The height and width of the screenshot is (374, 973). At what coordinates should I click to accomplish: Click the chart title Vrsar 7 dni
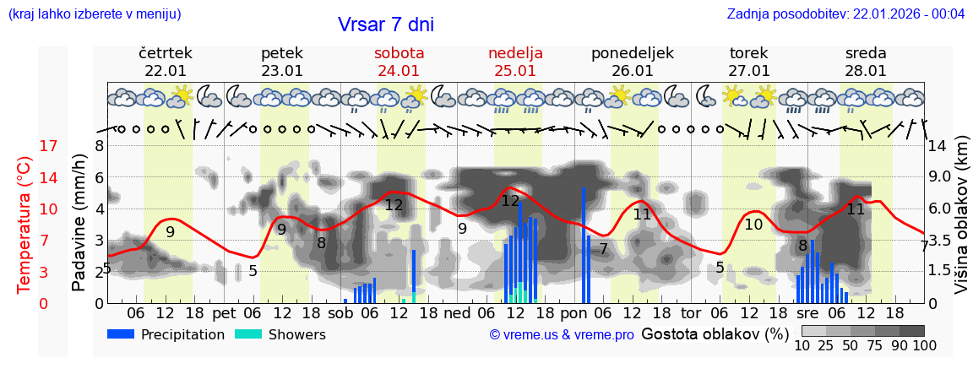click(385, 24)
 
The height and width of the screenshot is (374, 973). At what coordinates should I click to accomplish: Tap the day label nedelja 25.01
click(515, 62)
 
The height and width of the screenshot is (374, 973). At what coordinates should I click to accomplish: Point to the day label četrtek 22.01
click(166, 62)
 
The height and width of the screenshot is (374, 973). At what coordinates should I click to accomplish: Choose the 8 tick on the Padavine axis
click(99, 146)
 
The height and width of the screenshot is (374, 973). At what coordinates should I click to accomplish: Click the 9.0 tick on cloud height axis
click(941, 178)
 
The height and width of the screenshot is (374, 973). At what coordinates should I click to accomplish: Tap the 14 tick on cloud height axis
click(939, 146)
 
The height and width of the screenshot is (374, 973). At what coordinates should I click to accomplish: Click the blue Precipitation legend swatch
click(122, 334)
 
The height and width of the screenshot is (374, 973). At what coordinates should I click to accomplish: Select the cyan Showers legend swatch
click(248, 334)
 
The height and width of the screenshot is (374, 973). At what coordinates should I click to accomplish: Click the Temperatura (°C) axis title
click(24, 225)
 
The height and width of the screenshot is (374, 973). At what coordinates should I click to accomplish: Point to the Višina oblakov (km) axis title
click(960, 225)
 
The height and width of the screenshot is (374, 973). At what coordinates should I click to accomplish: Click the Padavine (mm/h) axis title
click(79, 225)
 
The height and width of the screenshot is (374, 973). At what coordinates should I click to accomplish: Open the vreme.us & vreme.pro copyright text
click(562, 335)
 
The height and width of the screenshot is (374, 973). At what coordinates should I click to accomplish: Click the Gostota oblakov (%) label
click(708, 334)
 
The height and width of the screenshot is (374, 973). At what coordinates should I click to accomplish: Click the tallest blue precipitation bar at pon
click(584, 245)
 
